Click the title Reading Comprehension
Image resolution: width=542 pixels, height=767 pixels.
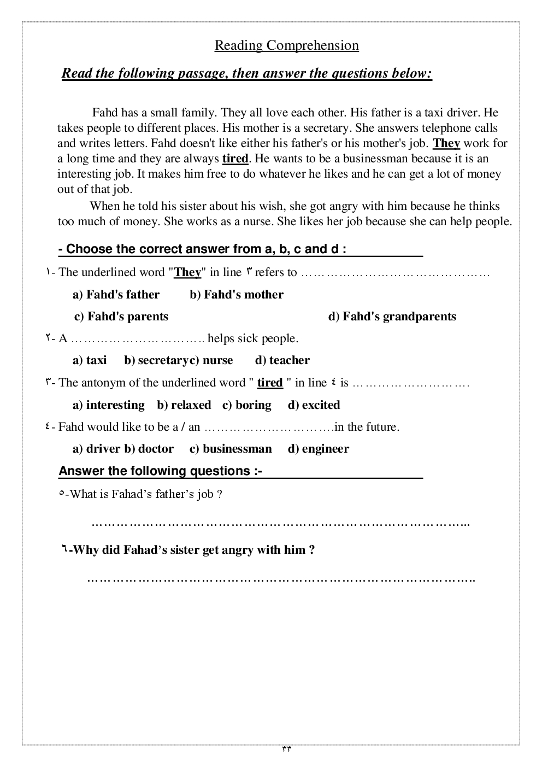click(x=286, y=45)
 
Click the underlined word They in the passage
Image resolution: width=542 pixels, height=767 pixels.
click(x=446, y=143)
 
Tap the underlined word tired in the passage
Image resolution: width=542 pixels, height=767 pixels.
click(x=235, y=159)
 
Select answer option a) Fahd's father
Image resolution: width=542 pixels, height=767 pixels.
click(x=116, y=295)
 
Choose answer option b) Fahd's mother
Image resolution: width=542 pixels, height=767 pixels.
click(x=237, y=295)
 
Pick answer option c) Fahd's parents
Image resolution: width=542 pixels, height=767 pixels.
click(x=121, y=317)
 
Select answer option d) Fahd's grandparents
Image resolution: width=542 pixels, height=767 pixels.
click(x=392, y=317)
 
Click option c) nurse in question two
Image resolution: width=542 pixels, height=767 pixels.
click(x=211, y=360)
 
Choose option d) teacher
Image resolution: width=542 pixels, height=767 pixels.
click(x=282, y=360)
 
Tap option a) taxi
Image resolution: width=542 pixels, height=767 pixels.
click(x=90, y=360)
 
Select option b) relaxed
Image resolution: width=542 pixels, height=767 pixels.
click(x=184, y=405)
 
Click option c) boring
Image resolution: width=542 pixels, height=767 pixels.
click(x=246, y=405)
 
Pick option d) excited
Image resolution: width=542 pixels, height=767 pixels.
click(x=314, y=405)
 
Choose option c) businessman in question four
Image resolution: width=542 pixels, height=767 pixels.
click(x=230, y=449)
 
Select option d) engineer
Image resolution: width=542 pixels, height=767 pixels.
click(x=318, y=449)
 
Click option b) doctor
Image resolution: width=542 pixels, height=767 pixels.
click(x=149, y=449)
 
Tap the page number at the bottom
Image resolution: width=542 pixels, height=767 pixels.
click(x=286, y=750)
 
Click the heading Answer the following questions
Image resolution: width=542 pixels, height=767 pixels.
click(x=160, y=471)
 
